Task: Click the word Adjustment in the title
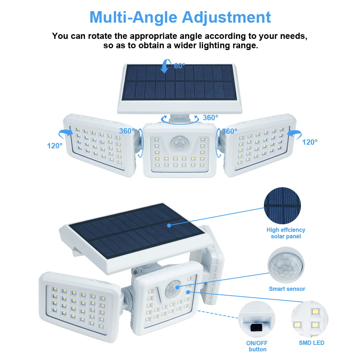pyautogui.click(x=227, y=17)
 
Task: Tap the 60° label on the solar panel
pyautogui.click(x=180, y=66)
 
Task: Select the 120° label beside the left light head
pyautogui.click(x=55, y=146)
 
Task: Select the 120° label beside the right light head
pyautogui.click(x=310, y=142)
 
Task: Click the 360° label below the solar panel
pyautogui.click(x=211, y=118)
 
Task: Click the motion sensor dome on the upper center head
pyautogui.click(x=179, y=143)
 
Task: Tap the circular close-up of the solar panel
pyautogui.click(x=282, y=205)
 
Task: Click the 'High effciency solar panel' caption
pyautogui.click(x=286, y=233)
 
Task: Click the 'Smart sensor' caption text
pyautogui.click(x=287, y=289)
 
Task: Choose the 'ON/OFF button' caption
pyautogui.click(x=257, y=346)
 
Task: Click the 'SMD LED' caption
pyautogui.click(x=311, y=343)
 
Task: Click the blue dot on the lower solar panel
pyautogui.click(x=169, y=225)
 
